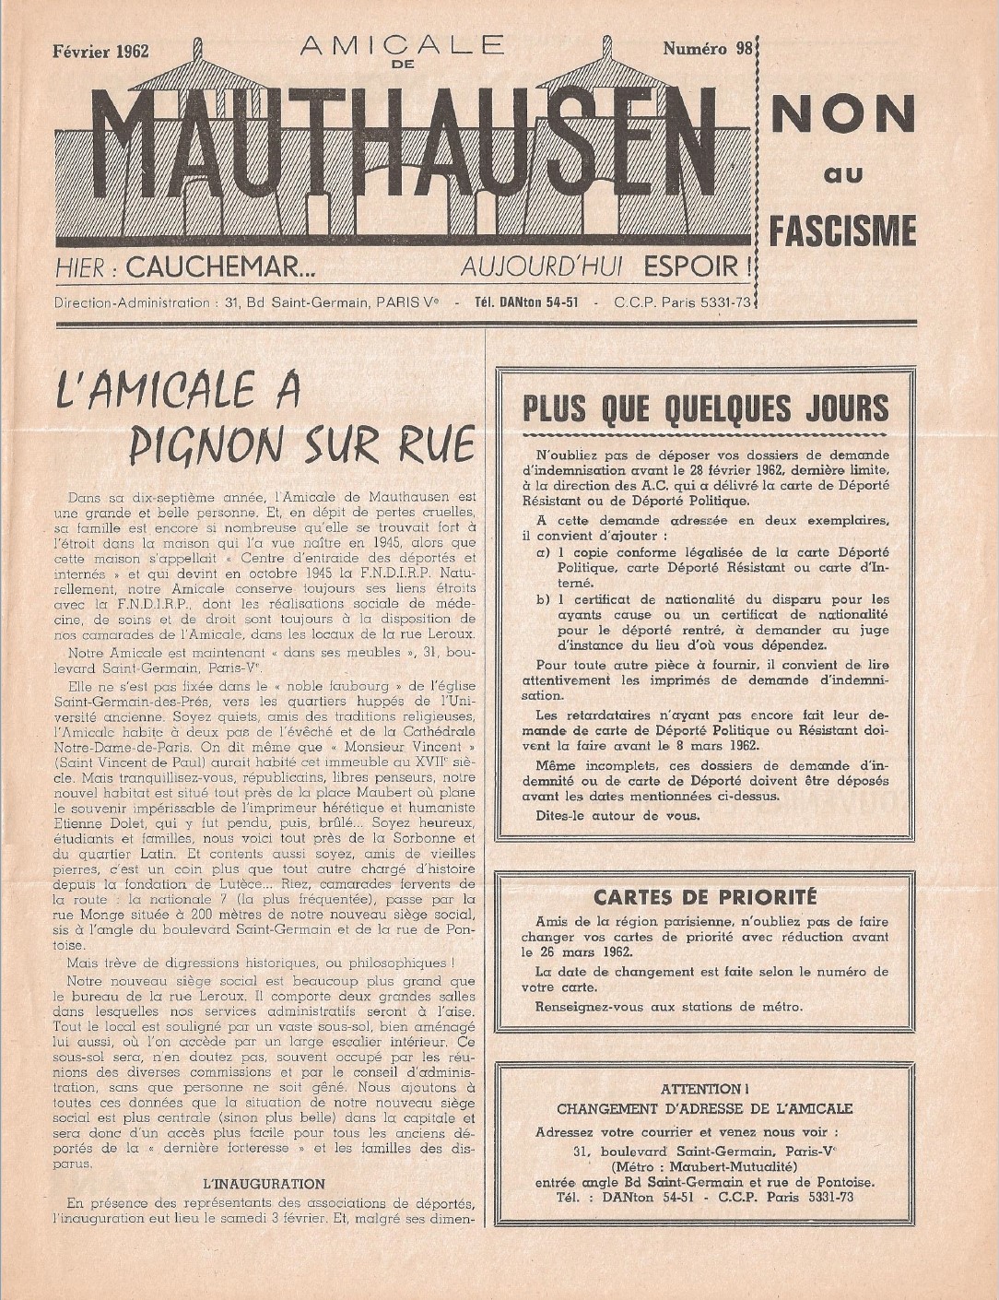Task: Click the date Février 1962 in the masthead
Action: coord(101,51)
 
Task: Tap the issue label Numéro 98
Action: coord(707,49)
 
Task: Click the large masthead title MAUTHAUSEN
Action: coord(405,152)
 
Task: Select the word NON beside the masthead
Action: coord(842,113)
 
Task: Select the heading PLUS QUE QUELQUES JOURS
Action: coord(705,408)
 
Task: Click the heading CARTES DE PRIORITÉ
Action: coord(705,896)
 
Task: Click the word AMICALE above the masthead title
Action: coord(402,45)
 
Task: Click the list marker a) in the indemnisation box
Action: coord(544,552)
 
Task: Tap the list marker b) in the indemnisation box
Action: coord(544,598)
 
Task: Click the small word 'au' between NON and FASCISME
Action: coord(842,173)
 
